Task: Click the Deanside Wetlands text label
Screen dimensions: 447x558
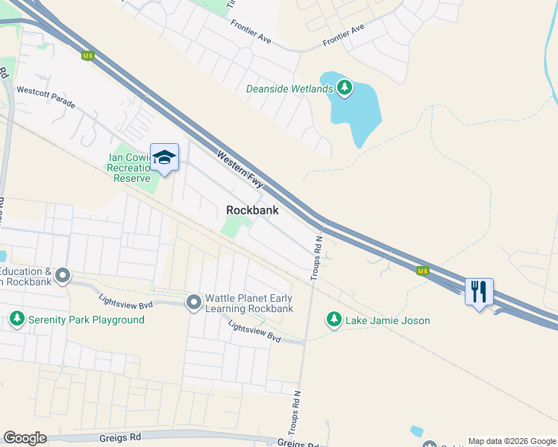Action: (x=289, y=89)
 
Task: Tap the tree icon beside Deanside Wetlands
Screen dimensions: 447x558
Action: (x=344, y=89)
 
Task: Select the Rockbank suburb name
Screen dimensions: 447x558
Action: (x=252, y=211)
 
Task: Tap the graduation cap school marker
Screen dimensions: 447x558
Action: (x=164, y=158)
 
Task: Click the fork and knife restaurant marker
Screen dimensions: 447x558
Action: (x=478, y=290)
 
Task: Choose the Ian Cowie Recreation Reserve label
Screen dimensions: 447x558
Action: (x=129, y=167)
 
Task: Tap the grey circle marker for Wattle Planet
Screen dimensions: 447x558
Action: (x=194, y=302)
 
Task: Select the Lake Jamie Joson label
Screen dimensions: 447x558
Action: (x=387, y=320)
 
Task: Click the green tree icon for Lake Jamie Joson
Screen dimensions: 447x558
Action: (x=333, y=320)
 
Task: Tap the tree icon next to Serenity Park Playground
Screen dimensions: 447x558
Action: (x=16, y=320)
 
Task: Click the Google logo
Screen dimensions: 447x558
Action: (x=25, y=438)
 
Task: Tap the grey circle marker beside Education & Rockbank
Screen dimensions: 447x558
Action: (x=62, y=277)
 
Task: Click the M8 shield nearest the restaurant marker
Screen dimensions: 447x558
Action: (x=423, y=270)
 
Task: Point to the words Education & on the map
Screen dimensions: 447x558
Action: (x=27, y=272)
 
